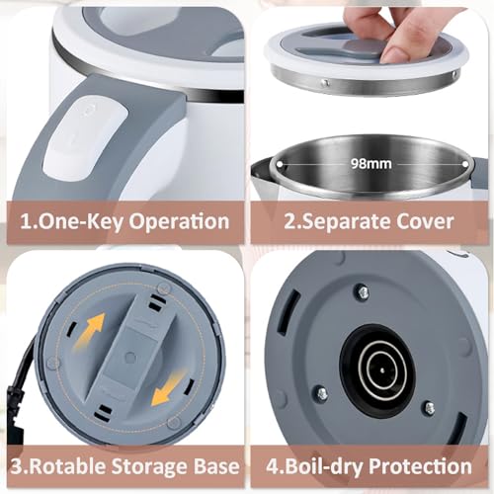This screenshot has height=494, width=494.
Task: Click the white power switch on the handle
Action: (86, 138)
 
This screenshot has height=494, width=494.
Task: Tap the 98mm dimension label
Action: (371, 164)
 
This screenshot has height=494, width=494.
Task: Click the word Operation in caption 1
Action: (179, 221)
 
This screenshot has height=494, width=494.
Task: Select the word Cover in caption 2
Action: (425, 221)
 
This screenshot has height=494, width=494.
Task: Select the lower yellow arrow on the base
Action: (167, 388)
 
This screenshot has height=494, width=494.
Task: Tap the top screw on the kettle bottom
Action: (362, 291)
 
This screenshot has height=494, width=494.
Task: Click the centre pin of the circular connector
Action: (382, 370)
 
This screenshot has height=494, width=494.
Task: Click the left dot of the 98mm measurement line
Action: (280, 164)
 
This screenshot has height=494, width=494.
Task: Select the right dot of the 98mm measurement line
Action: (465, 164)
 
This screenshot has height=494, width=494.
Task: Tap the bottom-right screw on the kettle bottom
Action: (430, 408)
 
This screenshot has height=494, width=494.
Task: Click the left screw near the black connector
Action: (322, 393)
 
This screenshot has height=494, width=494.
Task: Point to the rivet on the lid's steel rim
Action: (325, 83)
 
